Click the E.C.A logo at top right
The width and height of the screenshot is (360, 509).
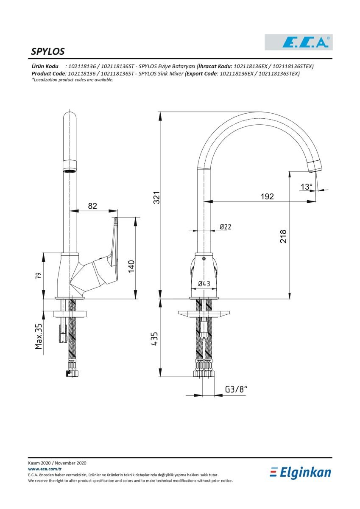pyautogui.click(x=299, y=42)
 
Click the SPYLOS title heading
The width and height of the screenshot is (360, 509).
pyautogui.click(x=47, y=52)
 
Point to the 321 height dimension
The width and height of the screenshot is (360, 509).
pyautogui.click(x=156, y=198)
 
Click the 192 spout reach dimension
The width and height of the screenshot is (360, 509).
pyautogui.click(x=267, y=196)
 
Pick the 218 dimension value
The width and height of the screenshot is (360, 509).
pyautogui.click(x=283, y=236)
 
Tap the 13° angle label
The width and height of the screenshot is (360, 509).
pyautogui.click(x=307, y=187)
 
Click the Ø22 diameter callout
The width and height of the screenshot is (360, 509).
pyautogui.click(x=225, y=227)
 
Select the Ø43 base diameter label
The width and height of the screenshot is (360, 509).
pyautogui.click(x=204, y=283)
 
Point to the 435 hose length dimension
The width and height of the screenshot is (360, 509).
pyautogui.click(x=154, y=339)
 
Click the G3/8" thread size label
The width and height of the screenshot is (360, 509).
pyautogui.click(x=236, y=389)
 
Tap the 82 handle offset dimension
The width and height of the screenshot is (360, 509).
pyautogui.click(x=92, y=206)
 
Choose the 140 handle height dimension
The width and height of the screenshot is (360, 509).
pyautogui.click(x=131, y=266)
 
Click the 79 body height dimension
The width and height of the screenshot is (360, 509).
pyautogui.click(x=39, y=276)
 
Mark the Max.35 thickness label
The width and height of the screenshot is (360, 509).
pyautogui.click(x=39, y=336)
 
